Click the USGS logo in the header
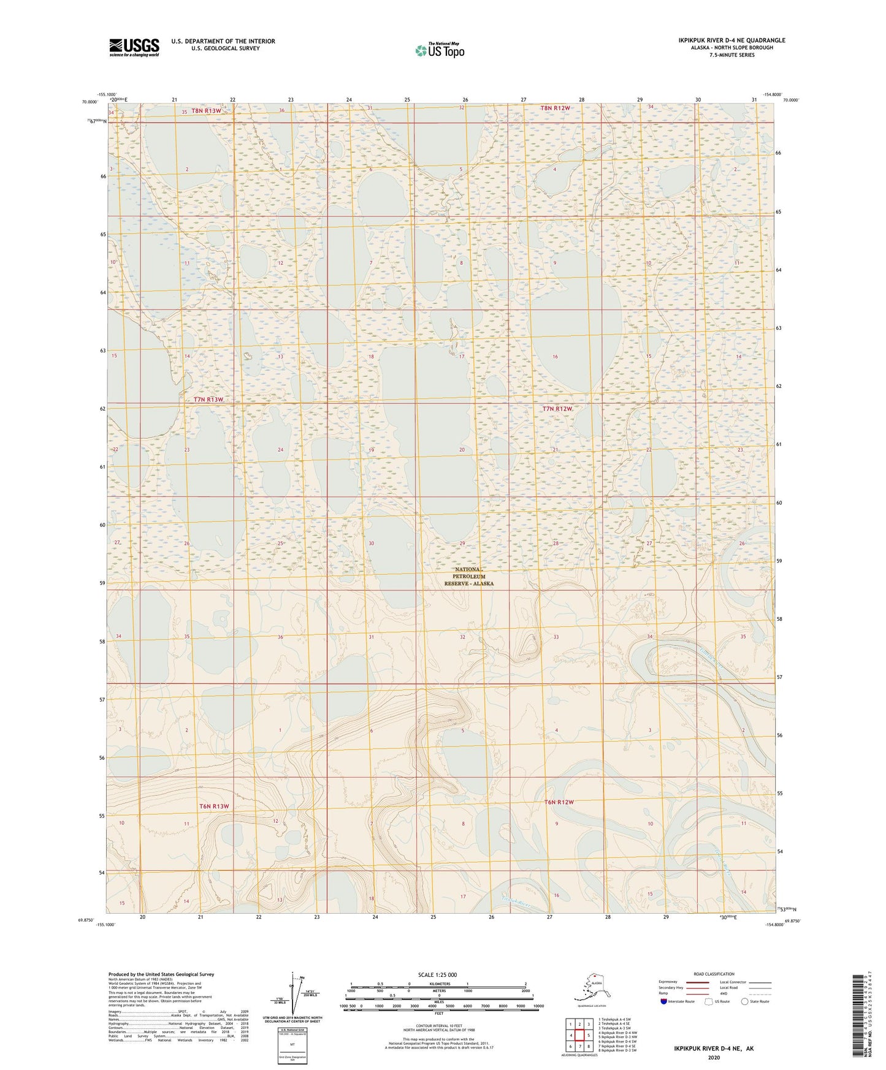tap(134, 47)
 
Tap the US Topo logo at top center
tap(439, 50)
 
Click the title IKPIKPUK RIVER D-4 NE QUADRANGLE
tap(731, 40)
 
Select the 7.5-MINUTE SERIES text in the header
tap(731, 55)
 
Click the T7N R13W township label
tap(208, 400)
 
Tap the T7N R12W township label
tap(557, 409)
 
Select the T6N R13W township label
tap(213, 806)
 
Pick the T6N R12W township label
tap(559, 802)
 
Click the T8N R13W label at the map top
tap(206, 111)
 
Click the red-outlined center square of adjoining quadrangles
tap(579, 1035)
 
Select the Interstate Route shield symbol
tap(665, 1001)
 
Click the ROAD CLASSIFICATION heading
tap(714, 974)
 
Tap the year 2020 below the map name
tap(714, 1057)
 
